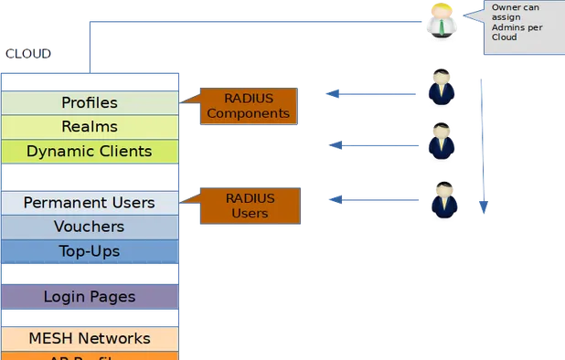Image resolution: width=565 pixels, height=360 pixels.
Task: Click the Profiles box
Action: click(x=90, y=102)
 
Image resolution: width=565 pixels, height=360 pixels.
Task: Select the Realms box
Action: click(x=90, y=126)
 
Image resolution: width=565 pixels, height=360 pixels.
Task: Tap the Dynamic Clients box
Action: click(x=90, y=151)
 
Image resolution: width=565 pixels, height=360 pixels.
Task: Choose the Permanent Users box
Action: click(x=90, y=202)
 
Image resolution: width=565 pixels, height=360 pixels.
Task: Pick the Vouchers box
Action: click(x=90, y=227)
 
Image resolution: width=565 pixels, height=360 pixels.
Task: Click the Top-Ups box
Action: click(x=90, y=250)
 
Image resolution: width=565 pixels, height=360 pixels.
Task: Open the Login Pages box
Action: click(x=90, y=297)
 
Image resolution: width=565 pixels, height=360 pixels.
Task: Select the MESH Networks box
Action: click(x=90, y=338)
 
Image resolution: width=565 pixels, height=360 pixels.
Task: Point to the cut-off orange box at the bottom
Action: click(x=90, y=355)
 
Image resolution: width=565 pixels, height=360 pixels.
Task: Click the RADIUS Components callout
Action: click(x=249, y=106)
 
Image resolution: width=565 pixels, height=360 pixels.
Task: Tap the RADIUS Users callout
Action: click(x=249, y=205)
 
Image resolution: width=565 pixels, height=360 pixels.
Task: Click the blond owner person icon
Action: click(x=442, y=21)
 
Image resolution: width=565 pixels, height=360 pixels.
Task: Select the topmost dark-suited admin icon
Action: click(x=441, y=89)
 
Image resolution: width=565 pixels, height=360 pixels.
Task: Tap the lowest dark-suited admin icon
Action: click(x=443, y=198)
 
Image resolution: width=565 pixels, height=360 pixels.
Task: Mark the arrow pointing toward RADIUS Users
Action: click(x=375, y=198)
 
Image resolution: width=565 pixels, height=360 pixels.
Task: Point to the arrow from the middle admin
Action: click(x=375, y=144)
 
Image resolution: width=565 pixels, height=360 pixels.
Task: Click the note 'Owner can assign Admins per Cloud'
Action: click(x=523, y=27)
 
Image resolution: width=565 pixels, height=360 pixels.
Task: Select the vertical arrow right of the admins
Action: click(x=483, y=146)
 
